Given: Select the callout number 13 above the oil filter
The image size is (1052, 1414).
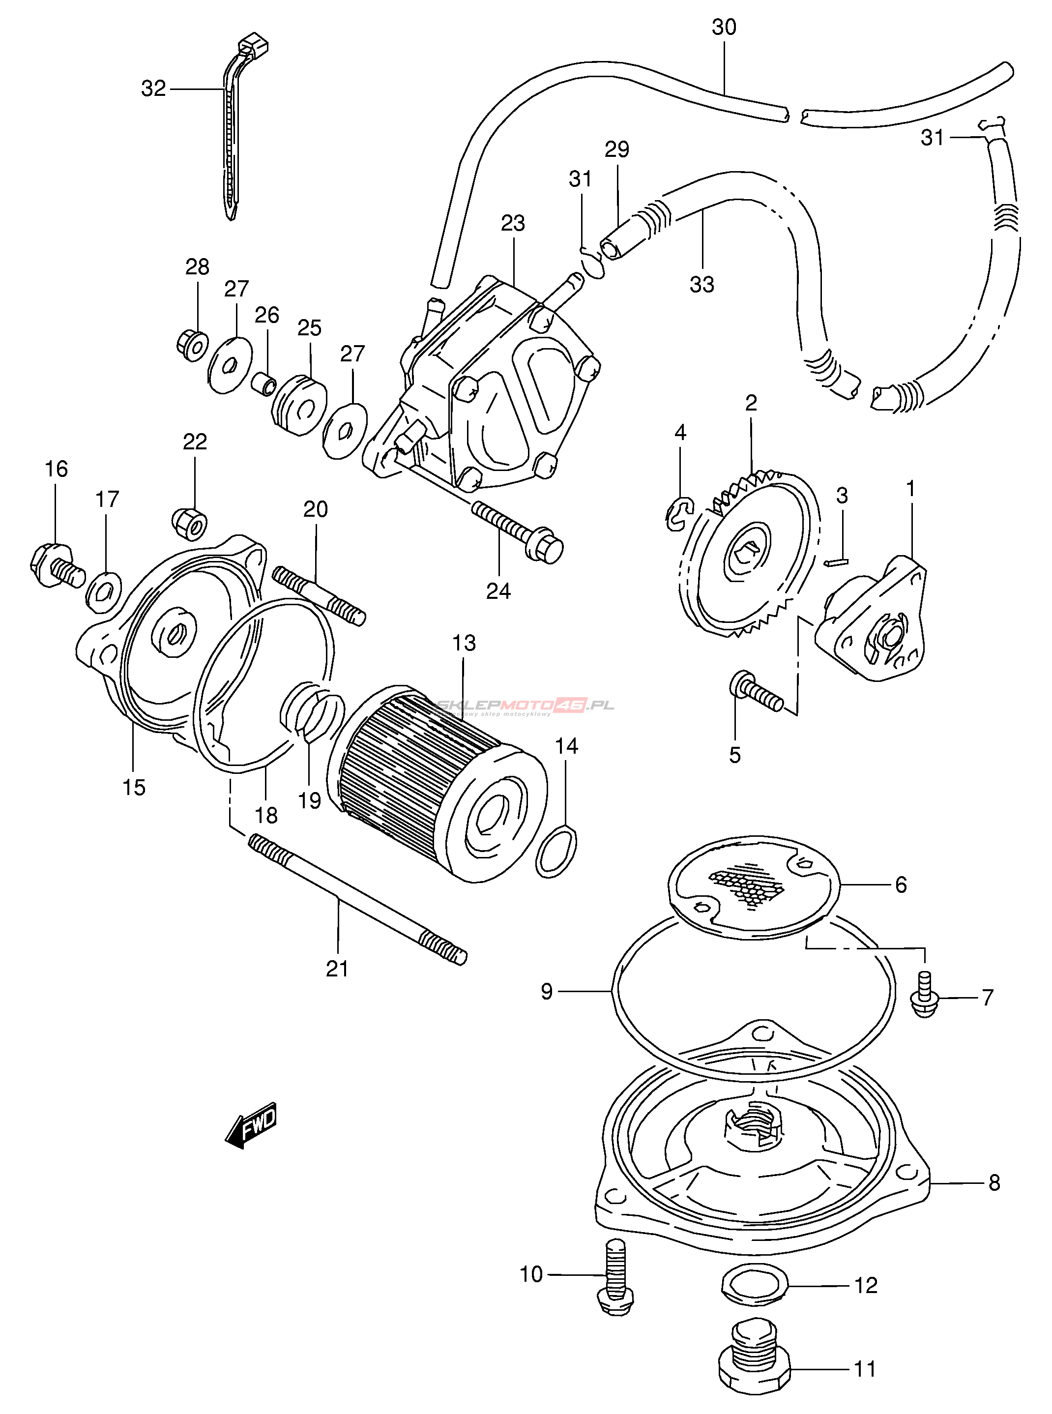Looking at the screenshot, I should click(x=464, y=643).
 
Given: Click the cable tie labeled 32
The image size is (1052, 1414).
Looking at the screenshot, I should click(x=233, y=134).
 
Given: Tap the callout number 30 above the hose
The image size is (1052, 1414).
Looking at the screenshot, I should click(x=724, y=28).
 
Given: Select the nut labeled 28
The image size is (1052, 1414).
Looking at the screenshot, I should click(x=192, y=346).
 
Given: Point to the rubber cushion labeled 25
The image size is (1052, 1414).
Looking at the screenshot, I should click(x=299, y=405).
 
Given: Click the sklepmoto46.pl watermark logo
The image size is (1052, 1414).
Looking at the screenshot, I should click(x=526, y=706).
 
